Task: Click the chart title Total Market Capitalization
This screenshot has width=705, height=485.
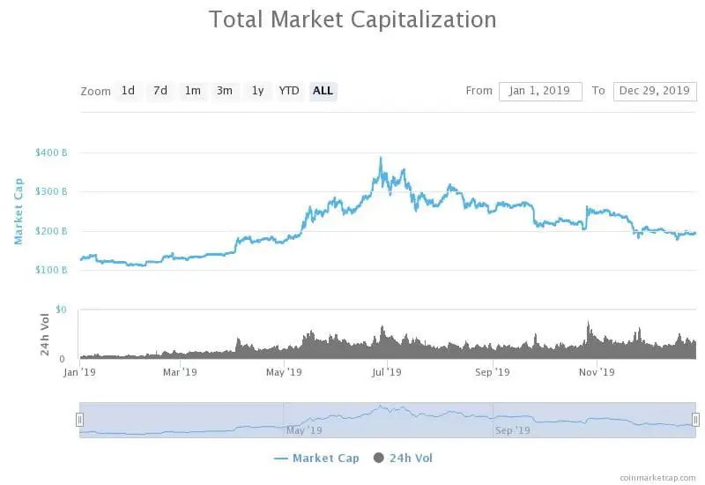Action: pyautogui.click(x=352, y=19)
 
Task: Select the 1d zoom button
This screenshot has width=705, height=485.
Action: pyautogui.click(x=129, y=91)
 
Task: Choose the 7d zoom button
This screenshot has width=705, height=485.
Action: pyautogui.click(x=160, y=91)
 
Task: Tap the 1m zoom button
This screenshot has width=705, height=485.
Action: pyautogui.click(x=192, y=91)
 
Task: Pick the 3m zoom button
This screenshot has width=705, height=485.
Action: pyautogui.click(x=225, y=91)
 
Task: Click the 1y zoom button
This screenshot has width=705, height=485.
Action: pyautogui.click(x=257, y=91)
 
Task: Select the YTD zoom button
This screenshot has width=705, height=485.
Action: pyautogui.click(x=289, y=91)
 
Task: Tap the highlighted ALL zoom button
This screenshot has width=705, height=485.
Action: pyautogui.click(x=323, y=91)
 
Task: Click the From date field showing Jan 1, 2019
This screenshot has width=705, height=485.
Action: pyautogui.click(x=540, y=91)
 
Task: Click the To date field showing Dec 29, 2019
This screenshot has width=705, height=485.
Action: pyautogui.click(x=654, y=91)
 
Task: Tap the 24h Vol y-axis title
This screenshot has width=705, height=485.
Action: pyautogui.click(x=44, y=334)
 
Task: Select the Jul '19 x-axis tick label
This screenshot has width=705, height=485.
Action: pyautogui.click(x=387, y=372)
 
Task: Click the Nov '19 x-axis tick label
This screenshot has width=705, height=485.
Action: pyautogui.click(x=597, y=372)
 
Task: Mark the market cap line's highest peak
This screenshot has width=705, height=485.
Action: pyautogui.click(x=381, y=159)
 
